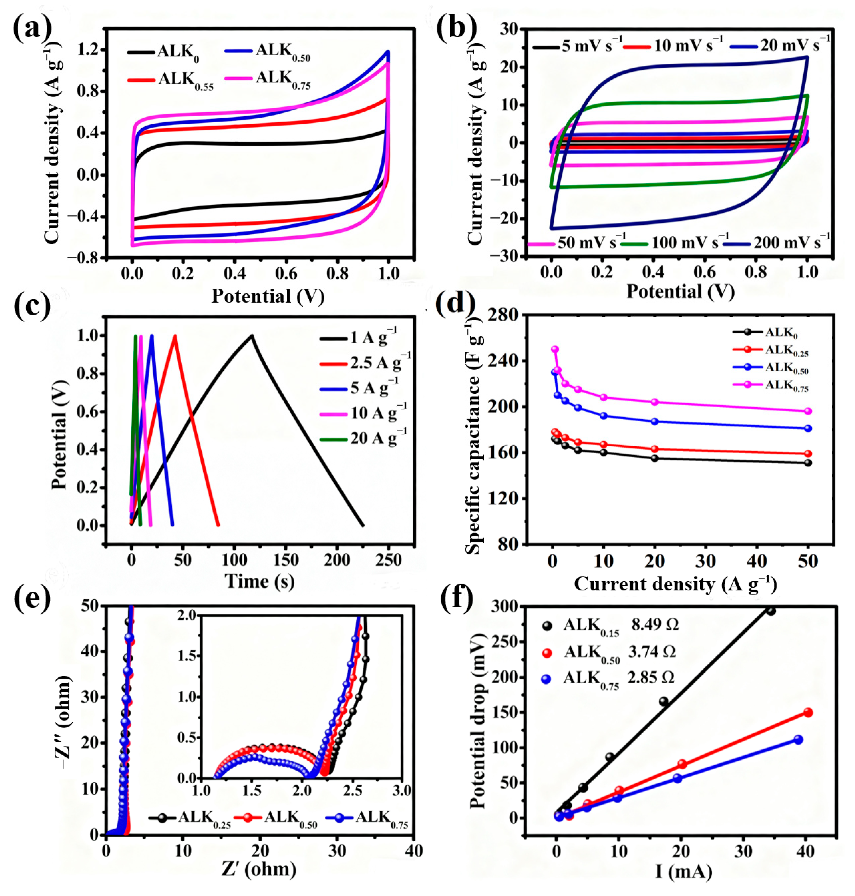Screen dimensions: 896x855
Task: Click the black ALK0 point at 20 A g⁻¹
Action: point(655,458)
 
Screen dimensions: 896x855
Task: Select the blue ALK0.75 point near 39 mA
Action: point(798,740)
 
